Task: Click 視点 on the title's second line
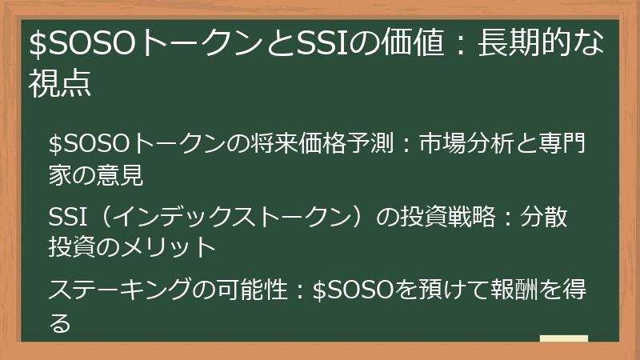pos(59,82)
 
